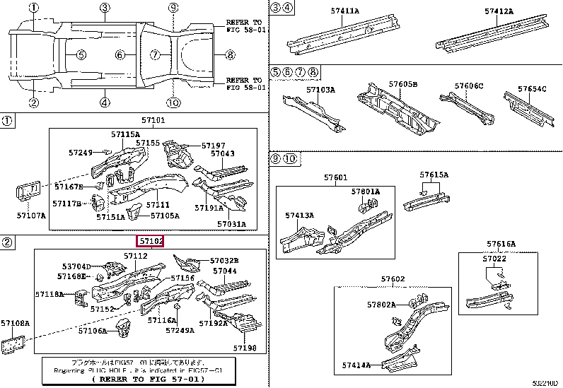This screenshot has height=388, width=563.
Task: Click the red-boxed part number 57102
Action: coord(151,241)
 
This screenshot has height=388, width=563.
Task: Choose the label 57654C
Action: coord(531,89)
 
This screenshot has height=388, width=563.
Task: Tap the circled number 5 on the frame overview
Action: coord(81,55)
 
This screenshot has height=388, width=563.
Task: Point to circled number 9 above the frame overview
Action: coord(173,8)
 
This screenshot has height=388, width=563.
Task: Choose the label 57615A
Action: coord(434,175)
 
